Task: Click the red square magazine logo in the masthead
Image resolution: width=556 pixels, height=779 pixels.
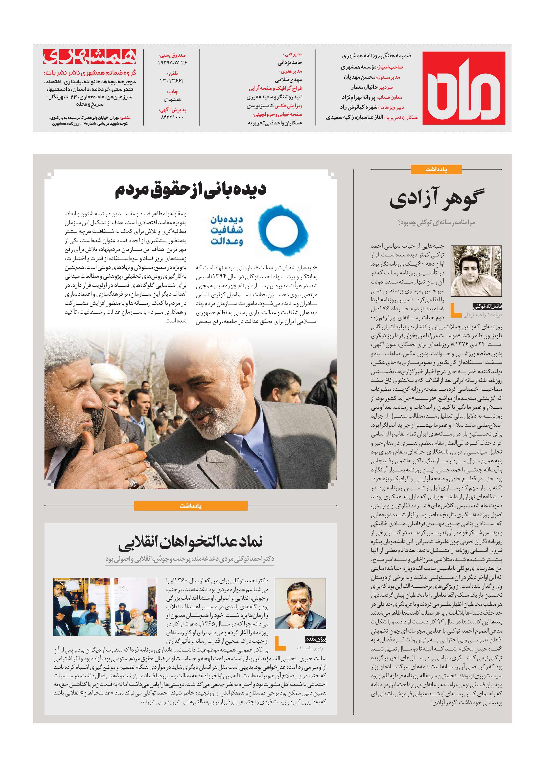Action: click(x=464, y=88)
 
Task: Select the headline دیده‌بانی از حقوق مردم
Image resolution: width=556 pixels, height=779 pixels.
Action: click(x=191, y=190)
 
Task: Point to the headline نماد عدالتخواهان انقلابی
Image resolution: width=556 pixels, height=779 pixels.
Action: click(x=191, y=542)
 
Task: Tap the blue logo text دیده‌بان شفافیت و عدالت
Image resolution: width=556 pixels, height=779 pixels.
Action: click(x=227, y=230)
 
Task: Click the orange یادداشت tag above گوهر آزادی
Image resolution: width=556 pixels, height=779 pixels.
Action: click(x=436, y=169)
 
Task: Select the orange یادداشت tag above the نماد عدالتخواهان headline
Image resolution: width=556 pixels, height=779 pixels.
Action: click(x=191, y=506)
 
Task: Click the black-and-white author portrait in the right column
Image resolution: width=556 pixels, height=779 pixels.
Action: click(x=476, y=271)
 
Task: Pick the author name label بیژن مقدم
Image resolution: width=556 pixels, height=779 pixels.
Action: click(x=315, y=639)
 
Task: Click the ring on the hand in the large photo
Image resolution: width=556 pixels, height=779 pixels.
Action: click(x=133, y=483)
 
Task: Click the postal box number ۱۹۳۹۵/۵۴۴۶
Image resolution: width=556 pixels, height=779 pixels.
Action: click(x=173, y=63)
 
